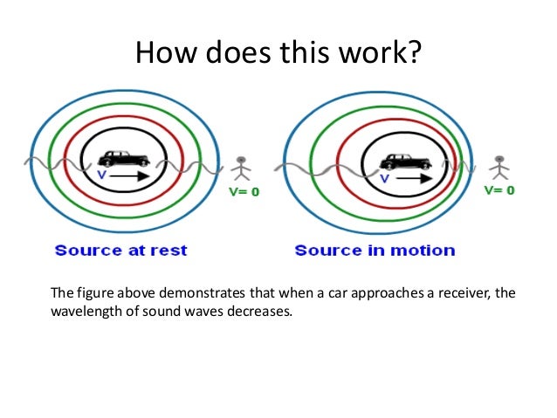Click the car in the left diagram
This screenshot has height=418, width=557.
123,158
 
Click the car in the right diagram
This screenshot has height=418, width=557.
406,161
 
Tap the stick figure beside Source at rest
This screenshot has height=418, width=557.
242,168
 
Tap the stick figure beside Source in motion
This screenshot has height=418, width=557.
499,168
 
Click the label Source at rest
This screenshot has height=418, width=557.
120,250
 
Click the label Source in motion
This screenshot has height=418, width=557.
375,250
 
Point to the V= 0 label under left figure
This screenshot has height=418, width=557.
244,191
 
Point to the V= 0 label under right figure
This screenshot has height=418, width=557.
499,189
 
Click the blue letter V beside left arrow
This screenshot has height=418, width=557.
101,174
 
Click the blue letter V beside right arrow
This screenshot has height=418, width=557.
383,178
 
